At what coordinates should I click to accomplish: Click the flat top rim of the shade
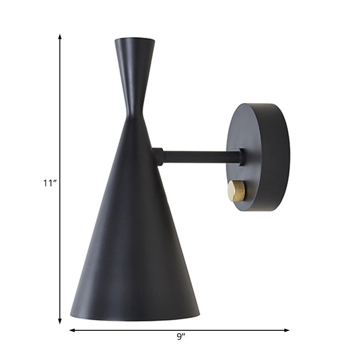click(x=135, y=40)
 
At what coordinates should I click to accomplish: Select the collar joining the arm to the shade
click(x=158, y=156)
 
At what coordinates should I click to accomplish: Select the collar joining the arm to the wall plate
click(x=242, y=157)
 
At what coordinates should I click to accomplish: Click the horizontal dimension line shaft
click(x=135, y=330)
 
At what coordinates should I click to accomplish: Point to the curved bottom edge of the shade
click(x=135, y=320)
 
